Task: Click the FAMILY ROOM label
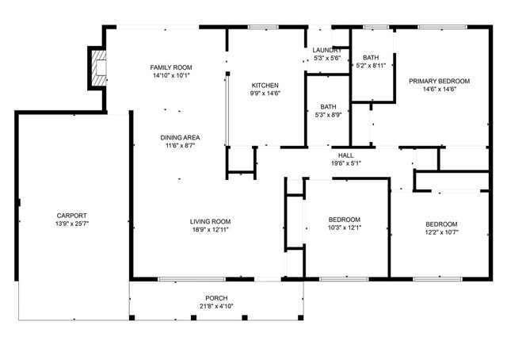[171, 67]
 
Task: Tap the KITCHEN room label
[265, 86]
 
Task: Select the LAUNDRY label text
[327, 50]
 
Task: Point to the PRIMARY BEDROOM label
[439, 81]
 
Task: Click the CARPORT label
[72, 216]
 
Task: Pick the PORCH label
[216, 298]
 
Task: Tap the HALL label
[345, 155]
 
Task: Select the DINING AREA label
[180, 138]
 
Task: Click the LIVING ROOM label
[210, 222]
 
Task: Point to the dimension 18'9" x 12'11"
[210, 230]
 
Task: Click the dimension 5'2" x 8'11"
[371, 65]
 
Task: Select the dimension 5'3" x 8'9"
[328, 115]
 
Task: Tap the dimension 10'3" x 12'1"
[345, 228]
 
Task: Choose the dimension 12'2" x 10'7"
[441, 232]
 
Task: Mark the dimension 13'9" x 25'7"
[72, 224]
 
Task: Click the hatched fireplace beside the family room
[98, 68]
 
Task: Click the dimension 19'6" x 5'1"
[346, 163]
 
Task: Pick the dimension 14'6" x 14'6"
[439, 89]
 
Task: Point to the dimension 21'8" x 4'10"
[216, 306]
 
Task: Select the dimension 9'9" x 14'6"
[265, 94]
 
